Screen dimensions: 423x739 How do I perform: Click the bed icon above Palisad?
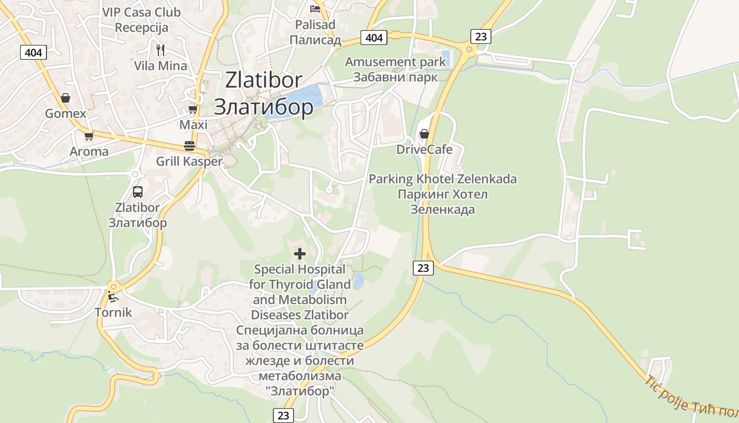[x=315, y=8]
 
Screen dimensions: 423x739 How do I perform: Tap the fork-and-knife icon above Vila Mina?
[x=160, y=50]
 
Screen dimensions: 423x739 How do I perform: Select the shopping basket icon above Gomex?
[x=65, y=98]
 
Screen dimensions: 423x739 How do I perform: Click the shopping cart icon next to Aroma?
[x=89, y=136]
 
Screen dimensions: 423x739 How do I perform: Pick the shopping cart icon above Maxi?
[x=193, y=109]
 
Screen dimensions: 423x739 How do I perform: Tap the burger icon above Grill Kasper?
[x=189, y=145]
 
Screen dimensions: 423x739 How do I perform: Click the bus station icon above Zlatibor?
[x=138, y=192]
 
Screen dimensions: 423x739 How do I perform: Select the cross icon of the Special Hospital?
[x=300, y=254]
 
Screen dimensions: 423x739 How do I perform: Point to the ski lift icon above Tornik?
[x=113, y=297]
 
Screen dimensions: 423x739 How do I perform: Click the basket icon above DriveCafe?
[x=424, y=134]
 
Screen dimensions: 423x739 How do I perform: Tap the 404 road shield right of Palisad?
[x=374, y=38]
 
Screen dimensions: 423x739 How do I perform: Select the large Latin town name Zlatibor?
[x=263, y=80]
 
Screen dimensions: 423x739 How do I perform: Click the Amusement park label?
[x=395, y=62]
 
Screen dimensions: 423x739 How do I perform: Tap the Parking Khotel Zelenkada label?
[x=442, y=179]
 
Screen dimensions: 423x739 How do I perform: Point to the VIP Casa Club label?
[x=141, y=12]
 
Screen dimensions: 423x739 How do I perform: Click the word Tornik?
[x=113, y=312]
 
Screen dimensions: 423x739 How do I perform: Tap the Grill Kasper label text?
[x=189, y=161]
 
